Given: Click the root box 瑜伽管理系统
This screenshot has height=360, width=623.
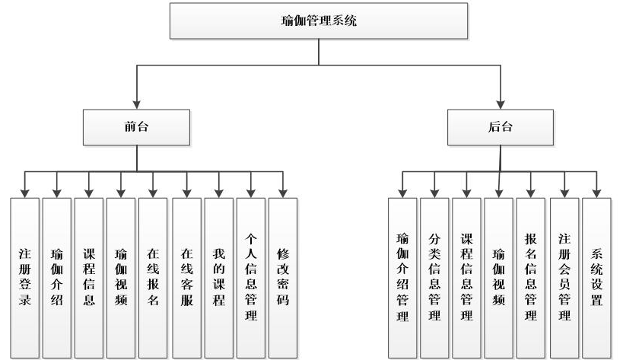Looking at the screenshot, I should point(319,21).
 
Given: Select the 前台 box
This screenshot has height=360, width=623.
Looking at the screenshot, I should point(137,126).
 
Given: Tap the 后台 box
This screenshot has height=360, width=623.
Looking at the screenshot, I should point(500,126).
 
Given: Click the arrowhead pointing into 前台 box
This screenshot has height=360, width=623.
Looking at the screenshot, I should point(137,104).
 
